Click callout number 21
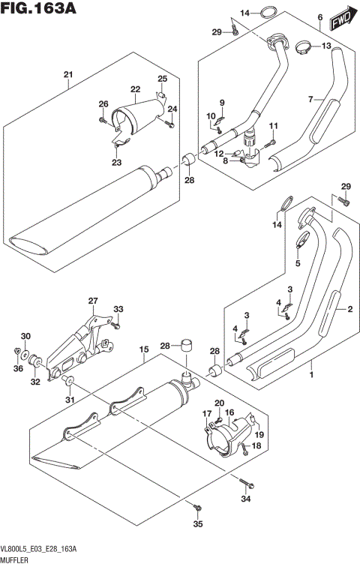pyautogui.click(x=67, y=74)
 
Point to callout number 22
pyautogui.click(x=136, y=88)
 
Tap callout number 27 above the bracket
pyautogui.click(x=93, y=301)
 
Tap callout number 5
pyautogui.click(x=298, y=264)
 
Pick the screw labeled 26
pyautogui.click(x=101, y=118)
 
